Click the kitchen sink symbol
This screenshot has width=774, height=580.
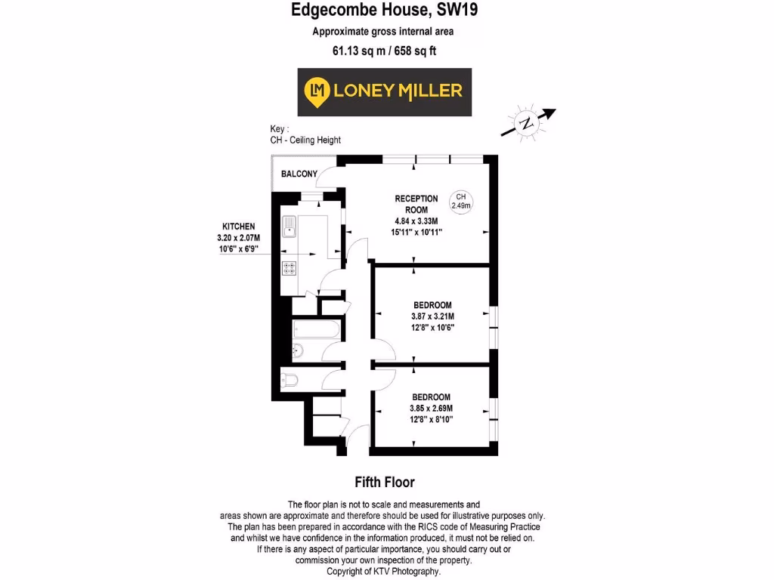pyautogui.click(x=289, y=226)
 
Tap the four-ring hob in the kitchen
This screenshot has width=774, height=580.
pyautogui.click(x=289, y=267)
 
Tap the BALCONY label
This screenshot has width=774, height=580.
pyautogui.click(x=299, y=174)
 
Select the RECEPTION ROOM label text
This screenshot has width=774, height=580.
pyautogui.click(x=416, y=204)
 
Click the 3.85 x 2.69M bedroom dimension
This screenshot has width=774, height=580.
pyautogui.click(x=432, y=409)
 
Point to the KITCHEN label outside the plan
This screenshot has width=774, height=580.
pyautogui.click(x=238, y=227)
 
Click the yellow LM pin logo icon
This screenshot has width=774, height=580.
pyautogui.click(x=315, y=91)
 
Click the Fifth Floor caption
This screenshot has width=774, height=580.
pyautogui.click(x=385, y=482)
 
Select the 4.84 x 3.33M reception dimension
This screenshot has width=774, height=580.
pyautogui.click(x=416, y=221)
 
